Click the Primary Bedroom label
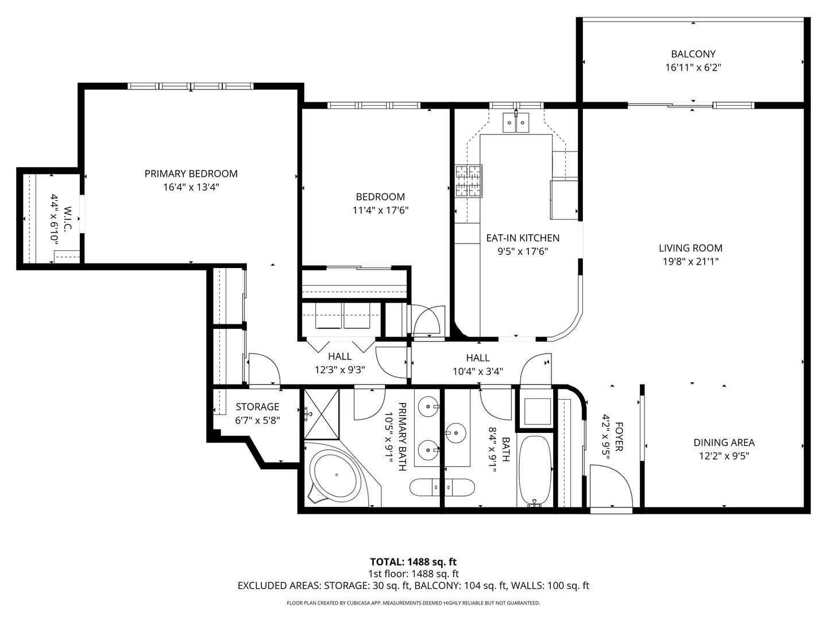pyautogui.click(x=191, y=174)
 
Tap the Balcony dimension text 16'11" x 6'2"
pyautogui.click(x=693, y=68)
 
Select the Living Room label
pyautogui.click(x=690, y=248)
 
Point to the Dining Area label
pyautogui.click(x=724, y=443)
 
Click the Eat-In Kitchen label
pyautogui.click(x=523, y=238)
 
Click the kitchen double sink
pyautogui.click(x=515, y=122)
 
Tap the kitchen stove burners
pyautogui.click(x=469, y=181)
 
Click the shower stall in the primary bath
pyautogui.click(x=321, y=414)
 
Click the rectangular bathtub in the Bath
pyautogui.click(x=535, y=470)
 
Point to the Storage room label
pyautogui.click(x=257, y=407)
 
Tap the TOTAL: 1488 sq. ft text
pyautogui.click(x=413, y=561)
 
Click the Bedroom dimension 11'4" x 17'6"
pyautogui.click(x=380, y=211)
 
